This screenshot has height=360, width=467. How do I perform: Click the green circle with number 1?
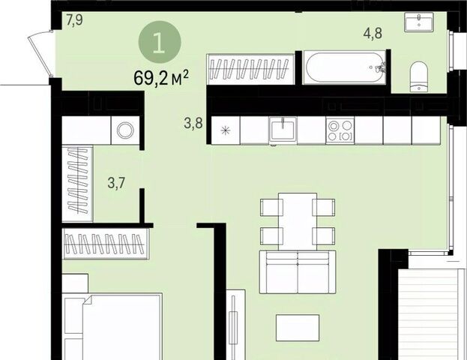[160, 42]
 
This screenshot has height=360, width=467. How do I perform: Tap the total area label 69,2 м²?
[161, 78]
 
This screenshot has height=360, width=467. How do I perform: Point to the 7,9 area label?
[74, 20]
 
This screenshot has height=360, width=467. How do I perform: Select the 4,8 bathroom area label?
[373, 33]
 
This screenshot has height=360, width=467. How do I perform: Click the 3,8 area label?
[193, 123]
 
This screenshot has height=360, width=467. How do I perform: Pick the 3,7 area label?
[116, 182]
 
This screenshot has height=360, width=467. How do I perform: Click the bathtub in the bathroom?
[344, 67]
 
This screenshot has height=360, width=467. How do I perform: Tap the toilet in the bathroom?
[418, 76]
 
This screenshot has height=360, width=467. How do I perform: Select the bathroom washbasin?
[418, 22]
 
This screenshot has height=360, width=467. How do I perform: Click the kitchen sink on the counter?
[283, 130]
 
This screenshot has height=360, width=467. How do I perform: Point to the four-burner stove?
[340, 130]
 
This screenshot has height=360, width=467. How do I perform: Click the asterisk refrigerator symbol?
[226, 130]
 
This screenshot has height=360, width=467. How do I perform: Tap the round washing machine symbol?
[125, 130]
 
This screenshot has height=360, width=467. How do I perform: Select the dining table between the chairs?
[298, 222]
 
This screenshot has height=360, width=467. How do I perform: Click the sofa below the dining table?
[298, 271]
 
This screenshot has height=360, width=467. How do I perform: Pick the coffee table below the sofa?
[298, 328]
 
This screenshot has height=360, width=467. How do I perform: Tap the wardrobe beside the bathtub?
[251, 69]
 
